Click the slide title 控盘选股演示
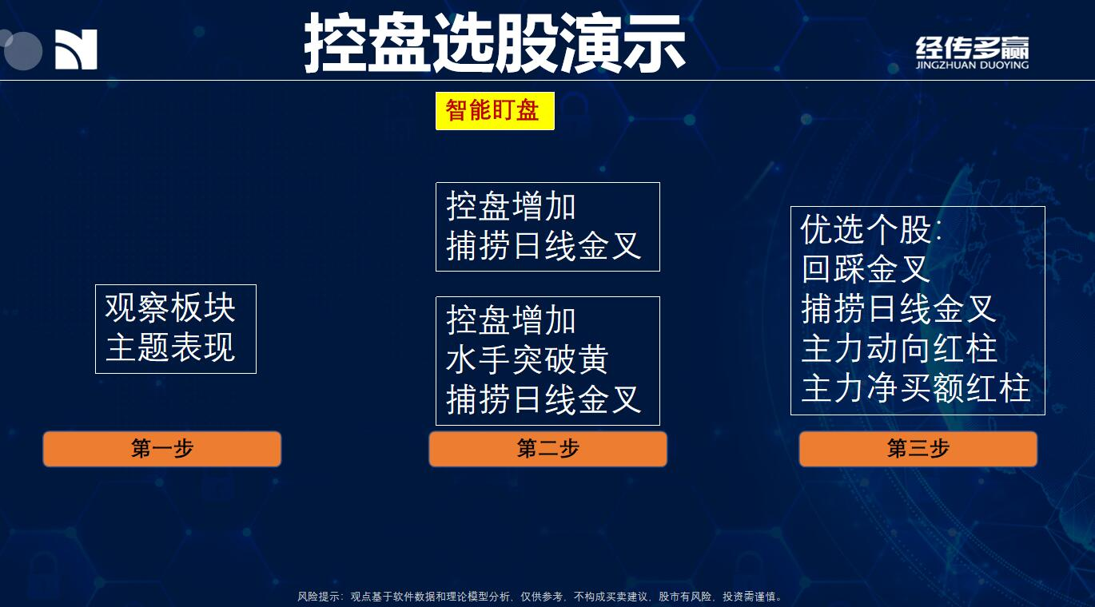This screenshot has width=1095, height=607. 494,43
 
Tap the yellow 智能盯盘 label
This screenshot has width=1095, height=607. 495,111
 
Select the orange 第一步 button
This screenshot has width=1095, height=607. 161,448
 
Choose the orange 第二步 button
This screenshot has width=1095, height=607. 547,448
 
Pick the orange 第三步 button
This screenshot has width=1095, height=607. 918,448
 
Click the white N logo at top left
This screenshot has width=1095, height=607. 76,50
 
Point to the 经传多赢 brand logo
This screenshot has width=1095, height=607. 972,52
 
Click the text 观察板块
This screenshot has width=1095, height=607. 170,308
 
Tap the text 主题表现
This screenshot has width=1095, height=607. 170,347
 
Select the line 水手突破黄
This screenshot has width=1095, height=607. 527,360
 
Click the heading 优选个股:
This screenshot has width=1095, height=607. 870,229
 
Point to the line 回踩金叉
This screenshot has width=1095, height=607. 866,268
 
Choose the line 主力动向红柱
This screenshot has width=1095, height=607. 899,348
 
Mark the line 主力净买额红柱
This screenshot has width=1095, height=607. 916,388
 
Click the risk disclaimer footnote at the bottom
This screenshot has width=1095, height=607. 540,597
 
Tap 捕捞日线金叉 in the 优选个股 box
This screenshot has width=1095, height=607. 898,308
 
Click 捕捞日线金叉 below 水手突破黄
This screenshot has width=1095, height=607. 543,399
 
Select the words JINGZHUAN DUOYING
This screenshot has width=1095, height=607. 972,65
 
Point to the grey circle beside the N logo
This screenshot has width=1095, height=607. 23,51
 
